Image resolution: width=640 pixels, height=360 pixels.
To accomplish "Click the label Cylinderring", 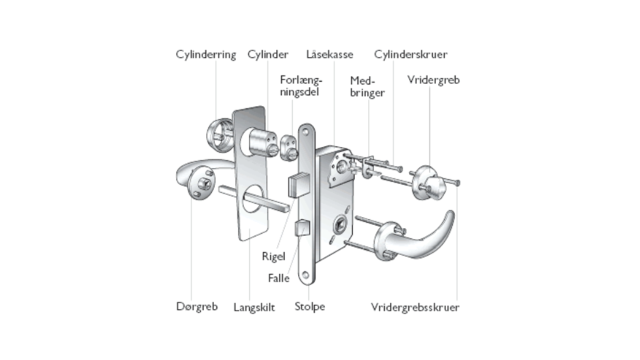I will [205, 54].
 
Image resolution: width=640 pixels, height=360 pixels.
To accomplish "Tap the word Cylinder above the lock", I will [268, 54].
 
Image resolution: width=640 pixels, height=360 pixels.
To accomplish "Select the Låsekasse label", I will [329, 54].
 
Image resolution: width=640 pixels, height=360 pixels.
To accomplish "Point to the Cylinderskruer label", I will [410, 54].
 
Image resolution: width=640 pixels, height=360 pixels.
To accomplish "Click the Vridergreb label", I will [433, 80].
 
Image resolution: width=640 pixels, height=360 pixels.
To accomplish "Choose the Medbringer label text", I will [367, 86].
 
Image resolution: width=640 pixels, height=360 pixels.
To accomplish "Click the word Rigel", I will [273, 256].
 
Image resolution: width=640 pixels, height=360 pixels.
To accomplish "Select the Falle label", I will [278, 278].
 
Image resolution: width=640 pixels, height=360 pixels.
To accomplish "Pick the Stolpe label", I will [309, 306].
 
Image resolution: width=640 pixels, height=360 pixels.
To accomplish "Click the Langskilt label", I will [254, 307].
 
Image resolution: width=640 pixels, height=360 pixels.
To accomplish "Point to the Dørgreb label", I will [197, 306].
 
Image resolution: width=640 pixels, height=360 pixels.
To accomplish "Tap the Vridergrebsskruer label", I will [415, 307].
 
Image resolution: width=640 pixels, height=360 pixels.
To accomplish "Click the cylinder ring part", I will [218, 133].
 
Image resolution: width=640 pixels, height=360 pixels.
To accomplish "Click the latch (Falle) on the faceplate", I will [302, 229].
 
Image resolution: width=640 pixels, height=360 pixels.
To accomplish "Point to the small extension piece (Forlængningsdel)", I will [289, 147].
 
